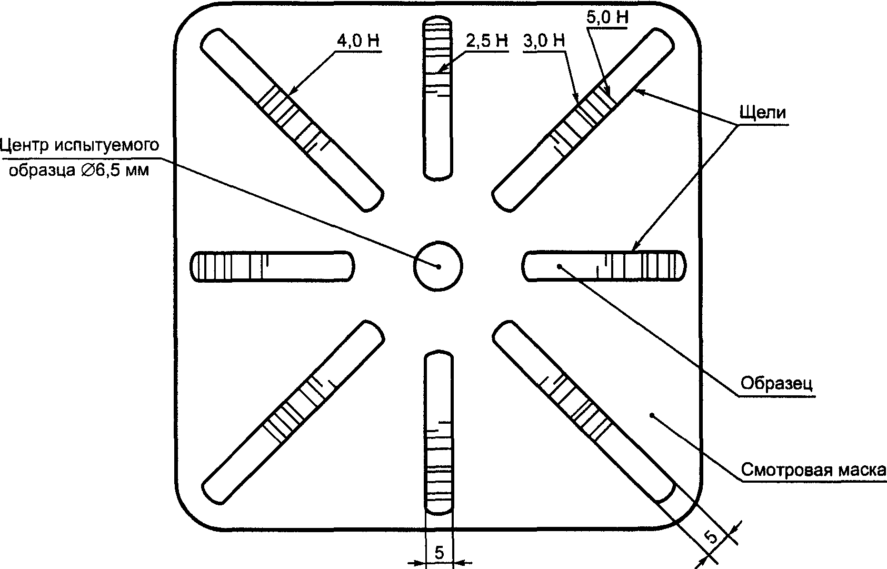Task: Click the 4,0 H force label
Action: pyautogui.click(x=358, y=41)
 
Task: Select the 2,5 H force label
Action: pyautogui.click(x=486, y=41)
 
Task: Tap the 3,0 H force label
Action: pyautogui.click(x=544, y=41)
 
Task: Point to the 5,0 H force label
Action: pyautogui.click(x=607, y=18)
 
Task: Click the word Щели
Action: pyautogui.click(x=763, y=113)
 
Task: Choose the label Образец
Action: pyautogui.click(x=776, y=383)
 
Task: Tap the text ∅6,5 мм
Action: pyautogui.click(x=115, y=171)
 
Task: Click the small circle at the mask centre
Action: pyautogui.click(x=438, y=266)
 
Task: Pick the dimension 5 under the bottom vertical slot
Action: pyautogui.click(x=439, y=553)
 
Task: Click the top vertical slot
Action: pyautogui.click(x=437, y=98)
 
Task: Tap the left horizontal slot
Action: pyautogui.click(x=273, y=266)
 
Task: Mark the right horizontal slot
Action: pyautogui.click(x=604, y=266)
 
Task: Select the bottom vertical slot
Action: pyautogui.click(x=438, y=432)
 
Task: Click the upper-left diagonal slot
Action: pyautogui.click(x=292, y=120)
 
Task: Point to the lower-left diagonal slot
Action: pyautogui.click(x=293, y=412)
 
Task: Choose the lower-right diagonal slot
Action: pyautogui.click(x=583, y=412)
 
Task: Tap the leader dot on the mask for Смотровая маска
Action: pyautogui.click(x=652, y=415)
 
